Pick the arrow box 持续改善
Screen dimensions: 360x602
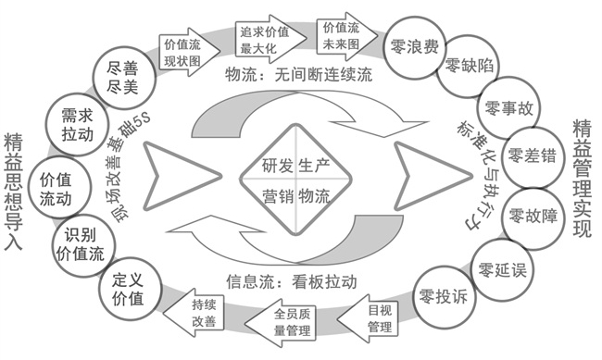point(206,313)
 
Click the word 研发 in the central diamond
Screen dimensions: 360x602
point(260,167)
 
